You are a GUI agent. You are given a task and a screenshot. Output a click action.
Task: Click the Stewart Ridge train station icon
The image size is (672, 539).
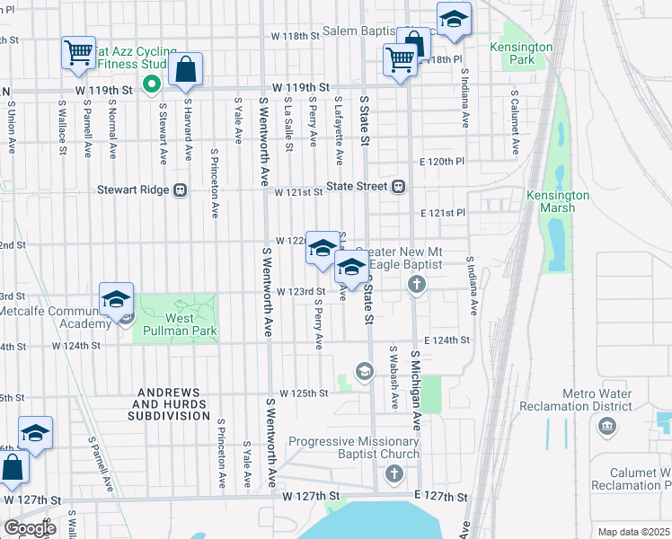tap(181, 190)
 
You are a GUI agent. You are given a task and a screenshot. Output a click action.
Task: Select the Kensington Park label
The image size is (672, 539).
tap(521, 53)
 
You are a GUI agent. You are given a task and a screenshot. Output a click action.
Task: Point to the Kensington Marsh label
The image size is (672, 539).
tap(557, 201)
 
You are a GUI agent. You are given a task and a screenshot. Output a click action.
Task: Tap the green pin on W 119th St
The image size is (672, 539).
tap(152, 85)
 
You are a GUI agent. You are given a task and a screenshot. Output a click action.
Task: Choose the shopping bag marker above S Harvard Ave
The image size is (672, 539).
tap(185, 70)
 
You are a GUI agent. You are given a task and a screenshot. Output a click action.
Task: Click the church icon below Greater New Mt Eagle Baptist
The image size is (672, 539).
tap(416, 285)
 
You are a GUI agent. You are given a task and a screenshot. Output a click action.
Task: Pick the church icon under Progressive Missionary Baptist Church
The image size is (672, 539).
tap(392, 474)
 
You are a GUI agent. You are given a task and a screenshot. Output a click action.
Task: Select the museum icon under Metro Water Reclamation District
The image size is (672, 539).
tap(607, 424)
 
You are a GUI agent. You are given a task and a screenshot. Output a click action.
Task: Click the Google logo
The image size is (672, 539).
tap(31, 528)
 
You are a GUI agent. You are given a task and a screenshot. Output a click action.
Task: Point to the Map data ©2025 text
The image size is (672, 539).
tap(633, 532)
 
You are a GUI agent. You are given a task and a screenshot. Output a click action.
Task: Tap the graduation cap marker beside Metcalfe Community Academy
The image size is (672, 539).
tap(116, 300)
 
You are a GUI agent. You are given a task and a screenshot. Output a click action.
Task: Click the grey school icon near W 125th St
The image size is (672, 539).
tap(364, 371)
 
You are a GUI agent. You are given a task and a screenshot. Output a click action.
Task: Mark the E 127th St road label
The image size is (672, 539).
tap(441, 496)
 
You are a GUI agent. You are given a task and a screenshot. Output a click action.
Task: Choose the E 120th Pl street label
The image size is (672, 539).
tap(443, 163)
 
